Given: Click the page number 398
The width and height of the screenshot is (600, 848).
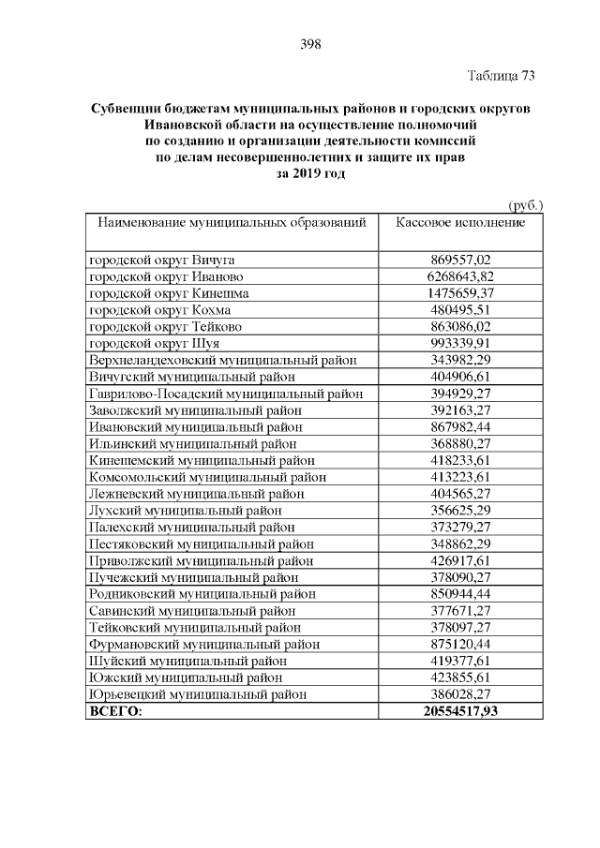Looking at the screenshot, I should coord(310,44).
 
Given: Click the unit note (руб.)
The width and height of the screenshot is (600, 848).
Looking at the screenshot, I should coord(525,205).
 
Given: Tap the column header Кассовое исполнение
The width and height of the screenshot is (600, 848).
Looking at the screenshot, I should coord(460,223).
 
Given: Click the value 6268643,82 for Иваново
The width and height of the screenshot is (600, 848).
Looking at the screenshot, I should coord(460,276).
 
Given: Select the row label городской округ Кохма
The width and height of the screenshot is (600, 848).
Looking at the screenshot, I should coord(159,310).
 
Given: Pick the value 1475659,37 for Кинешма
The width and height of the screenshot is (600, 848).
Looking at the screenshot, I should coord(460,293).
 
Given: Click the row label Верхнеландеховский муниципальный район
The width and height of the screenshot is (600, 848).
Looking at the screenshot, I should coord(221,361).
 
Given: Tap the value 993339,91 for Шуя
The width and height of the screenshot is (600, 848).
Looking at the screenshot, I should coord(460,344).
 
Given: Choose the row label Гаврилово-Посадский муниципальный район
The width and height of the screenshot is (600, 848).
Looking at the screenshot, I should coord(226,394).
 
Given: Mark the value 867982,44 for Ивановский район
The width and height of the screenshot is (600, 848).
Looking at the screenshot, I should coord(460,427).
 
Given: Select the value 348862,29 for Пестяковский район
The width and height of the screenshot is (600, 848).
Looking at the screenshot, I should coord(460,544).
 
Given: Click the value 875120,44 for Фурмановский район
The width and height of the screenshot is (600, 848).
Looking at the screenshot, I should coord(460,645).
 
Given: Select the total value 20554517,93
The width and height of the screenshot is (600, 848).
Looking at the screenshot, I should coord(460,712).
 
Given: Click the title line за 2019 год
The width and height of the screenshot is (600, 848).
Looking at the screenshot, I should coord(309,174).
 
